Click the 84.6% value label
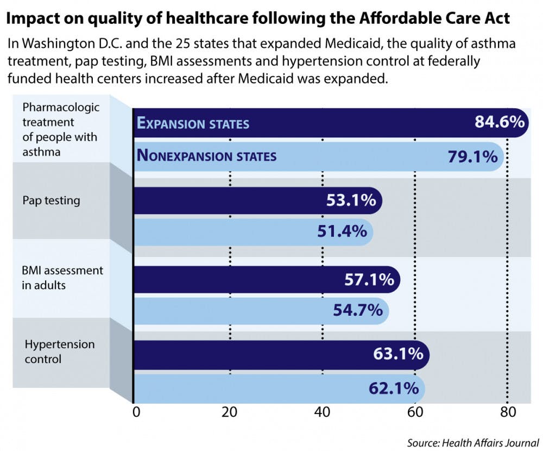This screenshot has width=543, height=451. coord(499,122)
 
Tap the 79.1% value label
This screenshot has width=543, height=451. coord(472,156)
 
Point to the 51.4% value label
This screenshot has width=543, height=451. coord(342,231)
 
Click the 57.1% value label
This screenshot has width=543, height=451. coord(369,280)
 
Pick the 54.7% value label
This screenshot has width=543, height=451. coord(358,311)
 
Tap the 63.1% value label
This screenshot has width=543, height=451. coord(398,354)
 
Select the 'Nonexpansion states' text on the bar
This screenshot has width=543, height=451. coord(207,156)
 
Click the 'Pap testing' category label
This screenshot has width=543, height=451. coord(51,201)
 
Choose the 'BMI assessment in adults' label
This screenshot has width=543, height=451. coord(62,277)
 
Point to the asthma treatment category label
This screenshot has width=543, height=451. coord(60,130)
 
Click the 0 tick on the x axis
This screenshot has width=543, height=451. coord(136,412)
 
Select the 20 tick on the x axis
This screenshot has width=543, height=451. coord(230,412)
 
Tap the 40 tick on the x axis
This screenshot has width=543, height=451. coord(323,412)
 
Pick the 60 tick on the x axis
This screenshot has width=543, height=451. coord(415,412)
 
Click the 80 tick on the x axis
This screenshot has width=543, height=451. coord(507,412)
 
